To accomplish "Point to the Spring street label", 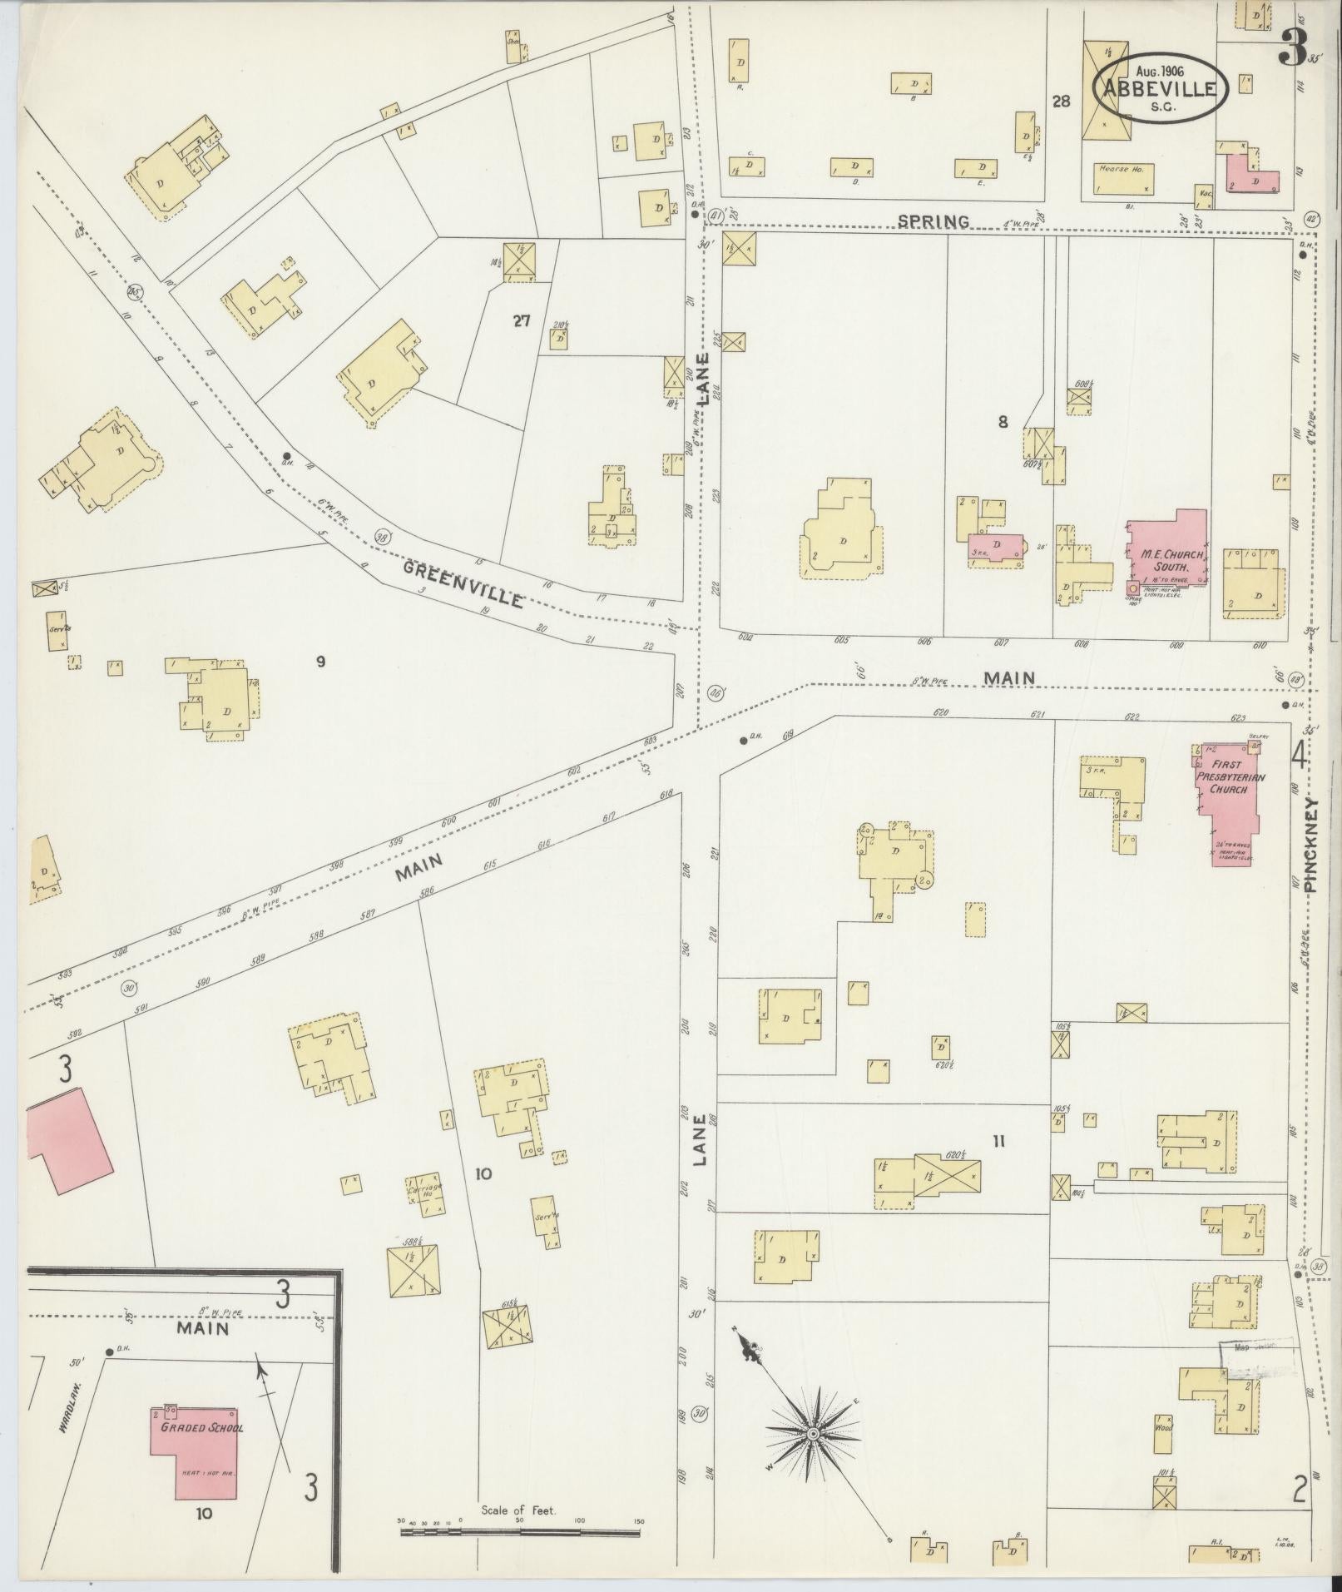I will [933, 221].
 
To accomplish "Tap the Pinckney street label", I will [1312, 846].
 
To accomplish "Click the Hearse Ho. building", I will [1122, 178].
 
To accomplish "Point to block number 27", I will [522, 321].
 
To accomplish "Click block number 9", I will [319, 662].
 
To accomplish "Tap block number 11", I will [998, 1142].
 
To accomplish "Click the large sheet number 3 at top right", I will [1291, 48].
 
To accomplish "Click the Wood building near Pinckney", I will [1162, 1426].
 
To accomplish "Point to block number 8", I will [1003, 423].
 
